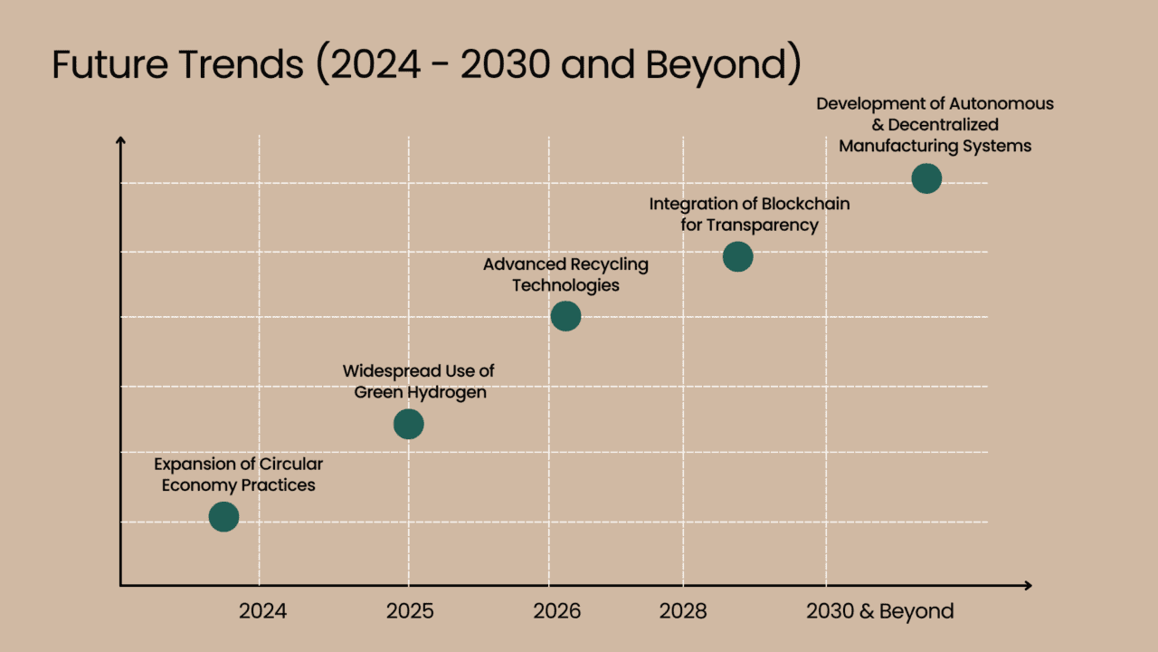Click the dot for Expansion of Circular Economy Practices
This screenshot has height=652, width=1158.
[x=223, y=516]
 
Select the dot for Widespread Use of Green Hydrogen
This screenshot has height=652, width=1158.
[x=409, y=423]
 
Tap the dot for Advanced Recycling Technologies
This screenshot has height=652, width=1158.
[x=565, y=316]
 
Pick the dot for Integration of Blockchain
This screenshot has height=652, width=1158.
[x=737, y=257]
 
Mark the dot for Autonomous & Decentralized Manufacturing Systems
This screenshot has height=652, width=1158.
[x=926, y=178]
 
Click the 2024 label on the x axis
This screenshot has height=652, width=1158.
[x=262, y=611]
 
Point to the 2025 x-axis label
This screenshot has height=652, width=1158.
[x=410, y=611]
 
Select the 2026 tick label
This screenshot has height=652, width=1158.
[x=557, y=611]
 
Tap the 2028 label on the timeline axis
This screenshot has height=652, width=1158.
[x=683, y=611]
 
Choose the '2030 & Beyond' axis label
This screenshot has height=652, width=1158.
[x=879, y=611]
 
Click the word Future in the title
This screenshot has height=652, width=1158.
[x=97, y=65]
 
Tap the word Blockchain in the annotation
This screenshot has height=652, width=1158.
[x=805, y=204]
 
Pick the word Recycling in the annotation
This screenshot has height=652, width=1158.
[x=609, y=264]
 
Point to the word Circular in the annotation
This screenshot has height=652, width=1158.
[x=291, y=465]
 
